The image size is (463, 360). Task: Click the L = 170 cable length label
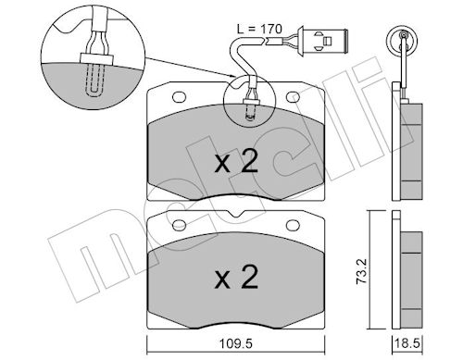click(x=259, y=29)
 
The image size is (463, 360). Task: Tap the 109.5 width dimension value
click(x=235, y=343)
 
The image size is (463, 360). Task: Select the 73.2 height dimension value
click(x=361, y=271)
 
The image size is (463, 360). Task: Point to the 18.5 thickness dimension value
click(x=408, y=343)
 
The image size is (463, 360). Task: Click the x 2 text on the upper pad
click(x=236, y=163)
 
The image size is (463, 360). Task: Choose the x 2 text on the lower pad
click(x=236, y=278)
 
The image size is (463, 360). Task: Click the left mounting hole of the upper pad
click(x=179, y=97)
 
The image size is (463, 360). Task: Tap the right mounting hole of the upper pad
click(x=293, y=97)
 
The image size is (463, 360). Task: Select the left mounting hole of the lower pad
click(x=179, y=225)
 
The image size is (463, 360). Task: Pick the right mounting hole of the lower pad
click(x=293, y=225)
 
